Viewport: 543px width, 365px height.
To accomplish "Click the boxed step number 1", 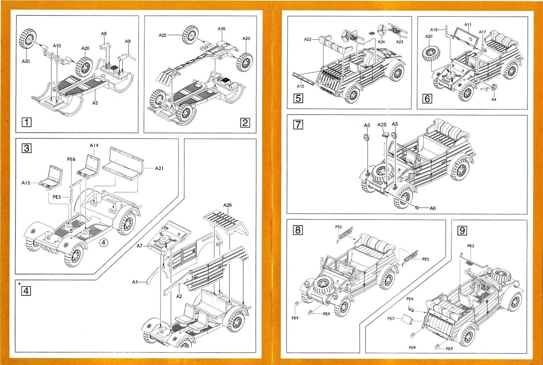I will pyautogui.click(x=27, y=122).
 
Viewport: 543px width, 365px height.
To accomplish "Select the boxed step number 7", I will pyautogui.click(x=298, y=124).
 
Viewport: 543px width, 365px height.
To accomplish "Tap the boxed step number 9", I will pyautogui.click(x=462, y=230).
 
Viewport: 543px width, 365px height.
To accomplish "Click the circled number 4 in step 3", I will pyautogui.click(x=104, y=242).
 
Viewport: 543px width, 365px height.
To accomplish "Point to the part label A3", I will pyautogui.click(x=95, y=103).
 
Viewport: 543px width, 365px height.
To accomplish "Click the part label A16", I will pyautogui.click(x=221, y=28).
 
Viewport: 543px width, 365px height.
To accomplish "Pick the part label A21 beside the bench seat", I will pyautogui.click(x=159, y=168).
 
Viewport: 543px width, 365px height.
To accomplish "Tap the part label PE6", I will pyautogui.click(x=71, y=159).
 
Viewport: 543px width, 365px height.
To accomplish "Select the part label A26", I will pyautogui.click(x=227, y=205).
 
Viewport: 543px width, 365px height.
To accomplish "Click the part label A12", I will pyautogui.click(x=300, y=87).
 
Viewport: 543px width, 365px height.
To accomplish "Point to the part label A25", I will pyautogui.click(x=382, y=124).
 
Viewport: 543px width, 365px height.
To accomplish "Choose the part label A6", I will pyautogui.click(x=432, y=208).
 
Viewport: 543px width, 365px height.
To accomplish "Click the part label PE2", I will pyautogui.click(x=471, y=246).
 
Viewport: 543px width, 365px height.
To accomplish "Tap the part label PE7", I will pyautogui.click(x=391, y=319).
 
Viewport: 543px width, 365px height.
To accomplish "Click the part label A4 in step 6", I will pyautogui.click(x=494, y=99).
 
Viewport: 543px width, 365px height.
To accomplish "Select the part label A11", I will pyautogui.click(x=468, y=25).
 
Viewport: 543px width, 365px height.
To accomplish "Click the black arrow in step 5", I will pyautogui.click(x=372, y=33).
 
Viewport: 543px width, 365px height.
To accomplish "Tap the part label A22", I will pyautogui.click(x=307, y=39).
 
